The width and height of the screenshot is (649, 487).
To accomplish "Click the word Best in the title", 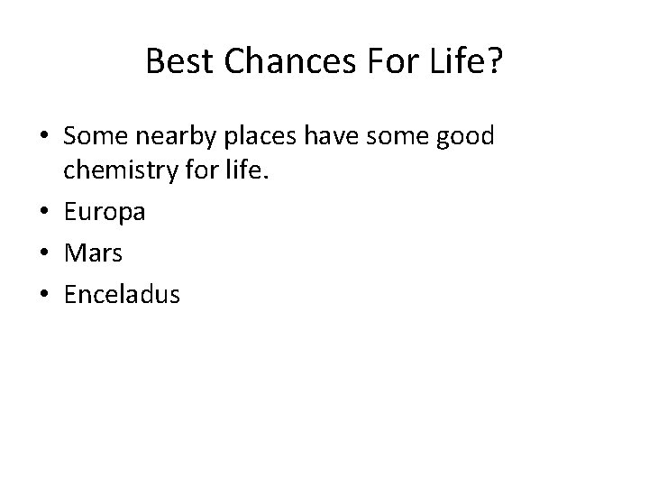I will point(176,62).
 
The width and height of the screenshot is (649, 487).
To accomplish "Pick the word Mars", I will point(93,253).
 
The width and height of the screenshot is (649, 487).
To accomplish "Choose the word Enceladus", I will point(122,293).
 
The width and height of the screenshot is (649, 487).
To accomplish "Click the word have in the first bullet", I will point(331,137).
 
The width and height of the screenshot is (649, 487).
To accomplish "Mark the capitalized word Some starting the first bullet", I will point(94,137).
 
